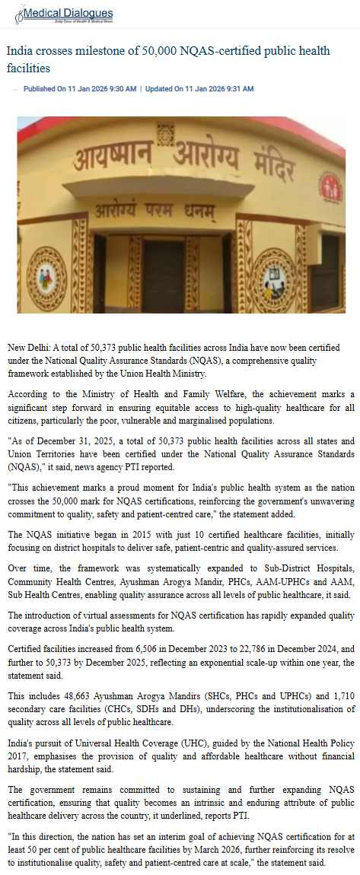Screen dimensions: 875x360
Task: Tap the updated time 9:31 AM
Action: [237, 89]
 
